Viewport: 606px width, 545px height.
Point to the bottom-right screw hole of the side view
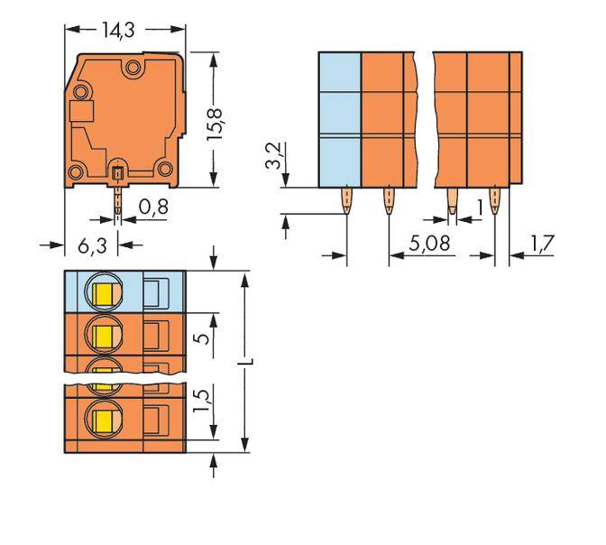click(163, 167)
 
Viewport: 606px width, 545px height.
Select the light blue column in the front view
click(340, 119)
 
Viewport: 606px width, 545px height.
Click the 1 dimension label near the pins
click(480, 208)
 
